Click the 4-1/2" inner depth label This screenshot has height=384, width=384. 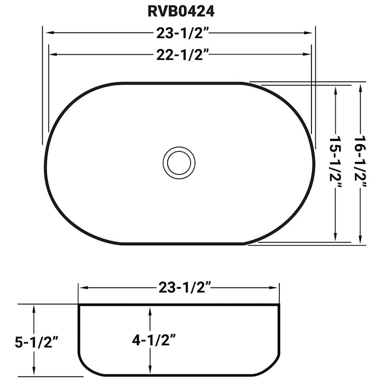point(154,340)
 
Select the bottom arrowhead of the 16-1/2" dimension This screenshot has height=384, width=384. point(361,241)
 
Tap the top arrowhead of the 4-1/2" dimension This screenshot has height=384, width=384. point(150,311)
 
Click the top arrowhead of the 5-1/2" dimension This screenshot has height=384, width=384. point(33,309)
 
